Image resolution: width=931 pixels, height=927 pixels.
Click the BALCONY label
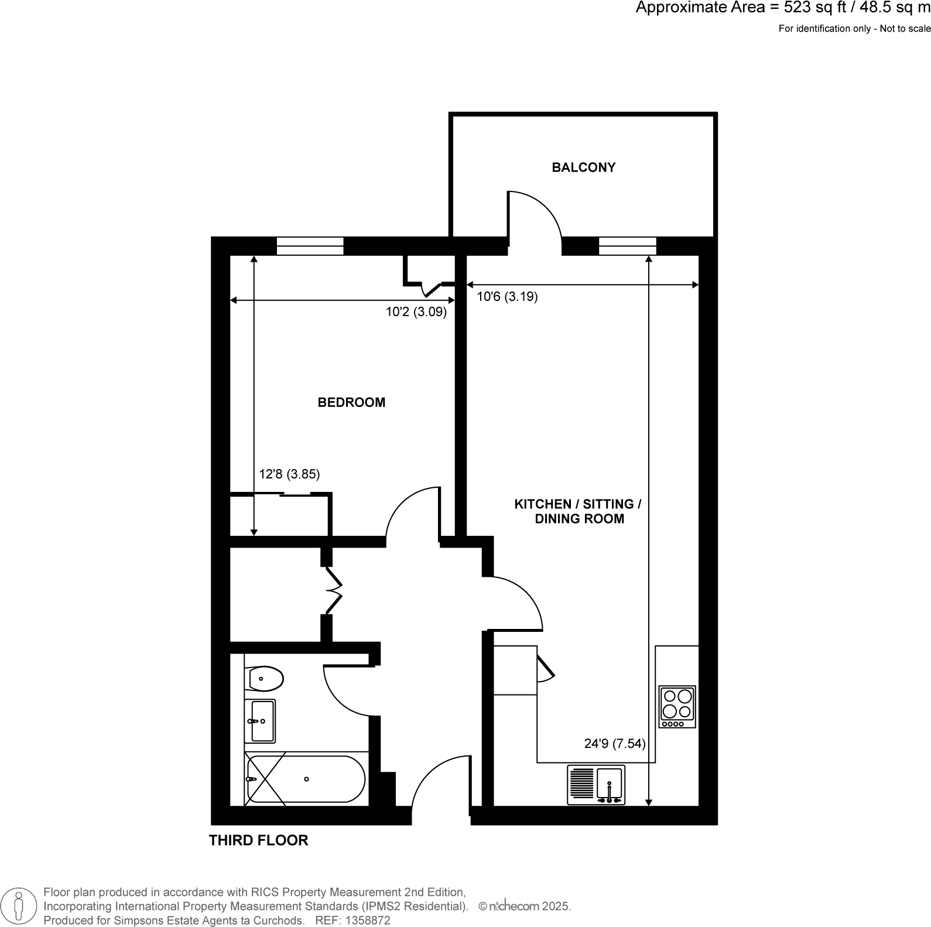point(583,167)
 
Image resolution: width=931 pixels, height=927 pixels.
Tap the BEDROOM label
point(351,402)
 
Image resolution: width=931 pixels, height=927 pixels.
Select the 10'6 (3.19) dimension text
point(507,297)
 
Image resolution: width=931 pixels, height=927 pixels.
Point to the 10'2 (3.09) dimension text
point(416,312)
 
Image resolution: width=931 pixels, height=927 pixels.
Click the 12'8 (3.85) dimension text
point(289,474)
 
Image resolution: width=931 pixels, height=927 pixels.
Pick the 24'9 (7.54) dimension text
point(615,744)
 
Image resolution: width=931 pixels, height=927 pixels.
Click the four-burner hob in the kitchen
point(677,706)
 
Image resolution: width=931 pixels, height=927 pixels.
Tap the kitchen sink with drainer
point(596,785)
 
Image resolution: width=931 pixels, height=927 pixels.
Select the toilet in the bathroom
point(264,679)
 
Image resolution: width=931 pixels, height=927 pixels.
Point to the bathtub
point(306,779)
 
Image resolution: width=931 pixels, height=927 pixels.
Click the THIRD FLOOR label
point(258,840)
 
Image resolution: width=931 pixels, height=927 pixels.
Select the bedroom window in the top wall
point(310,246)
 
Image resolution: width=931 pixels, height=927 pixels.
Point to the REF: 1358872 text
point(352,921)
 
